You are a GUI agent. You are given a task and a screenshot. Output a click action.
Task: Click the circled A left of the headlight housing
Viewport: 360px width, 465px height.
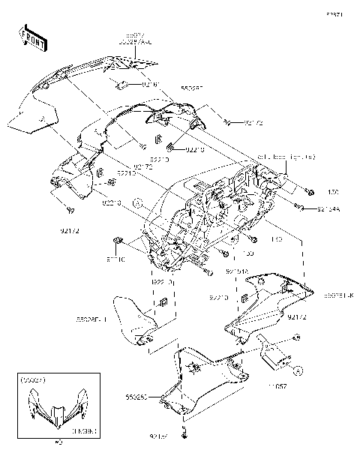[x=137, y=202]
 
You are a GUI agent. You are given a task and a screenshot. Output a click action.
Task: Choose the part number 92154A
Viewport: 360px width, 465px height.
[x=329, y=209]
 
